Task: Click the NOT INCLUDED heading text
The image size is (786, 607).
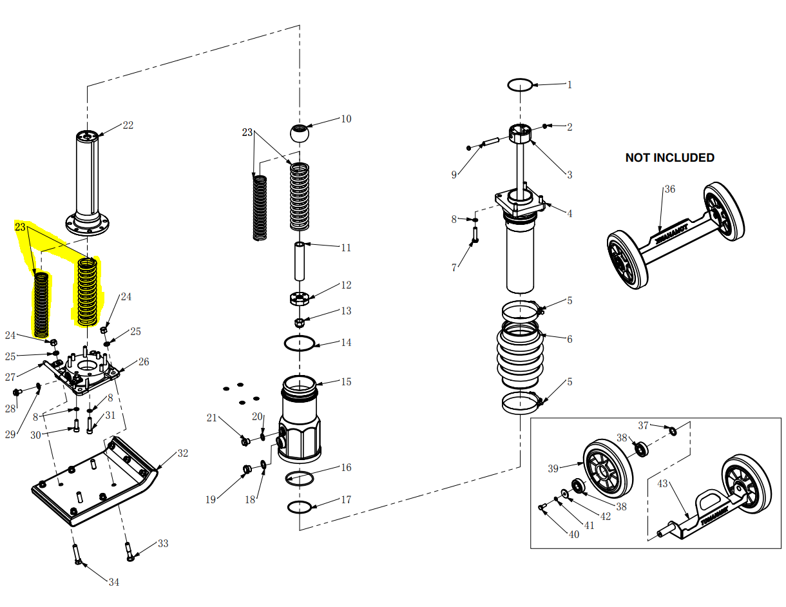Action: pyautogui.click(x=669, y=158)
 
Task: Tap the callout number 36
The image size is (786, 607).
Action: pyautogui.click(x=670, y=189)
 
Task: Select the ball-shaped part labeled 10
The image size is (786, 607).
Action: pyautogui.click(x=299, y=134)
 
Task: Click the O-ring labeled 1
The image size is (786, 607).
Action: pyautogui.click(x=520, y=84)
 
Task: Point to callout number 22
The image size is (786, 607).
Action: pyautogui.click(x=128, y=125)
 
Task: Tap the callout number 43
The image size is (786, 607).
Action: pyautogui.click(x=663, y=483)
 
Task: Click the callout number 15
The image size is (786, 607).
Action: pyautogui.click(x=346, y=381)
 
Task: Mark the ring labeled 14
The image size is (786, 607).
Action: pyautogui.click(x=300, y=343)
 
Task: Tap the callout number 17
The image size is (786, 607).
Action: pyautogui.click(x=346, y=499)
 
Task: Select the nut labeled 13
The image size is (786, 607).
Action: pyautogui.click(x=300, y=322)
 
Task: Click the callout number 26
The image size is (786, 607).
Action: pyautogui.click(x=144, y=362)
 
